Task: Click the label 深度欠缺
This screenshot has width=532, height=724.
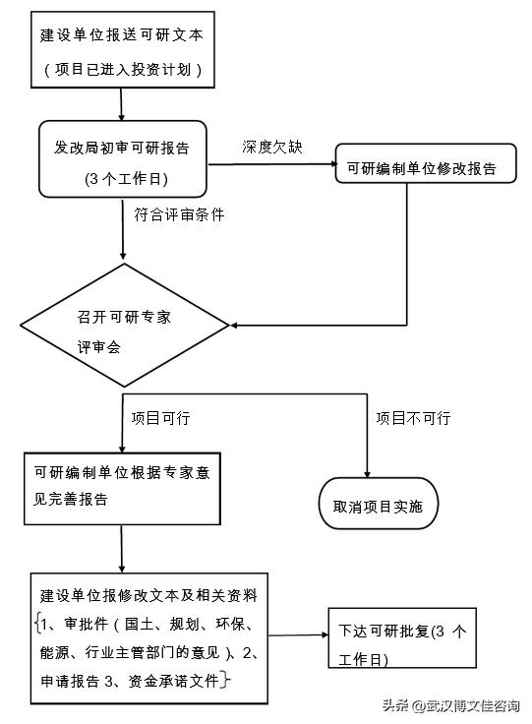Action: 271,147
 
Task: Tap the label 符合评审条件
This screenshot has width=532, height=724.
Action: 179,214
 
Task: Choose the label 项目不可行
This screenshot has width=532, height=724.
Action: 413,418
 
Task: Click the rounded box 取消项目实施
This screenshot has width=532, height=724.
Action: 378,507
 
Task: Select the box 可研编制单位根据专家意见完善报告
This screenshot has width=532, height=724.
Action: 121,486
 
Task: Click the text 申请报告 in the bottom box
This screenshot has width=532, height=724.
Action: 73,679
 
